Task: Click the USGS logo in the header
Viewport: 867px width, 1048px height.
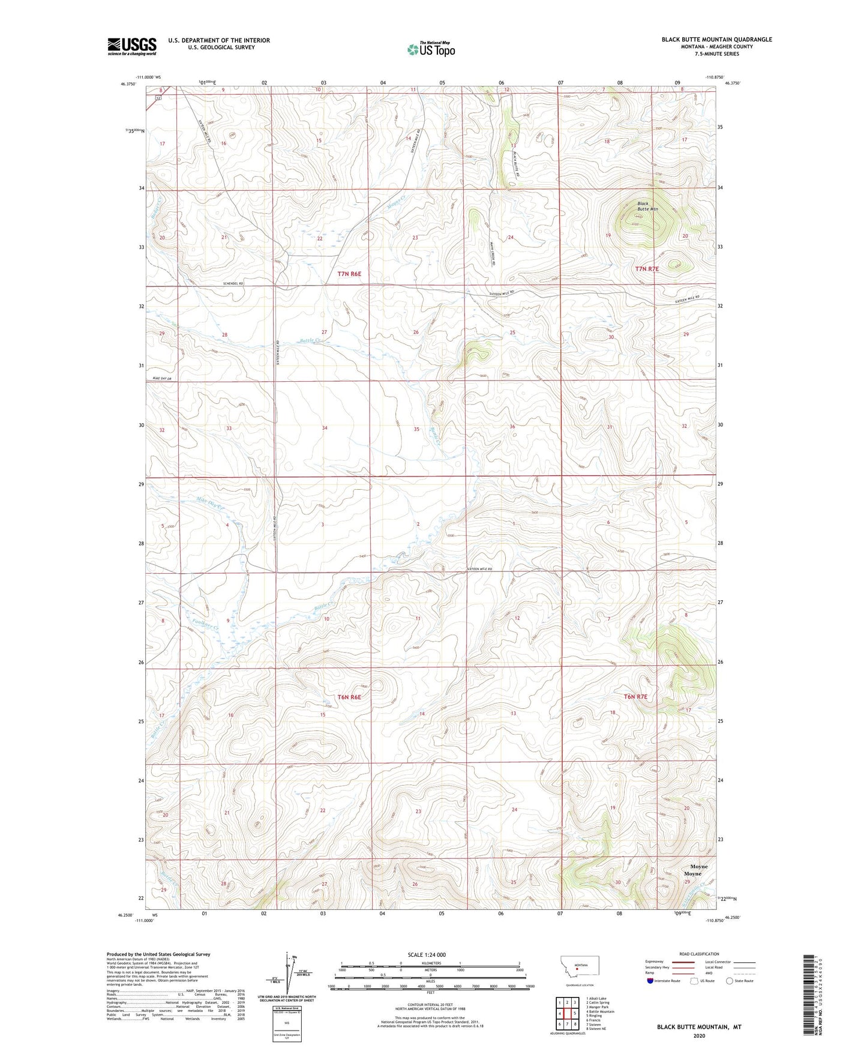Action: (131, 46)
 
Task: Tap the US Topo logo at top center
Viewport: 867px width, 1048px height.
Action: (431, 49)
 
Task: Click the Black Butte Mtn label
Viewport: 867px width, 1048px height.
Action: (647, 206)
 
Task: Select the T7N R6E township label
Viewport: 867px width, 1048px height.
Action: (349, 274)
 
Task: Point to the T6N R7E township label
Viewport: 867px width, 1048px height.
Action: (635, 697)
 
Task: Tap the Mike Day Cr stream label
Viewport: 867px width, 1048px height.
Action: (209, 502)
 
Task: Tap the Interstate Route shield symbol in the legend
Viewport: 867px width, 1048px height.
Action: (650, 981)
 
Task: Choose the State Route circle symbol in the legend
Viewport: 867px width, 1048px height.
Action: (730, 981)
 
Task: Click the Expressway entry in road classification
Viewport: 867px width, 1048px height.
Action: (655, 962)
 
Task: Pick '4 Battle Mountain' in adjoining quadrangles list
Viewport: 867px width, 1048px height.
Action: (600, 1011)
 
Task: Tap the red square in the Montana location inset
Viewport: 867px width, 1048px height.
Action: (577, 968)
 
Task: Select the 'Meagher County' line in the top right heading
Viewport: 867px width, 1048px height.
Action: (716, 47)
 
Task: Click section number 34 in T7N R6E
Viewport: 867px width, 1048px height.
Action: (325, 428)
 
